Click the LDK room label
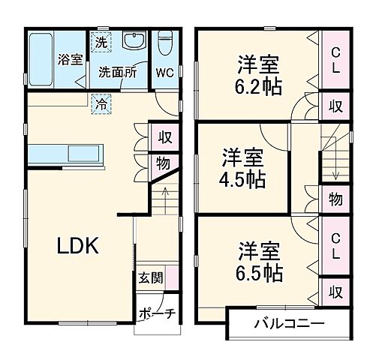tap(75, 246)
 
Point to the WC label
tap(165, 73)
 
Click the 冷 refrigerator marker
tap(100, 104)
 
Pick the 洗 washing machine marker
tap(100, 43)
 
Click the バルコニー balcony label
tap(288, 325)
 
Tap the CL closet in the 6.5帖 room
tap(335, 244)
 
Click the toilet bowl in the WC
tap(165, 42)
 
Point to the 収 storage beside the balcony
tap(335, 290)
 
